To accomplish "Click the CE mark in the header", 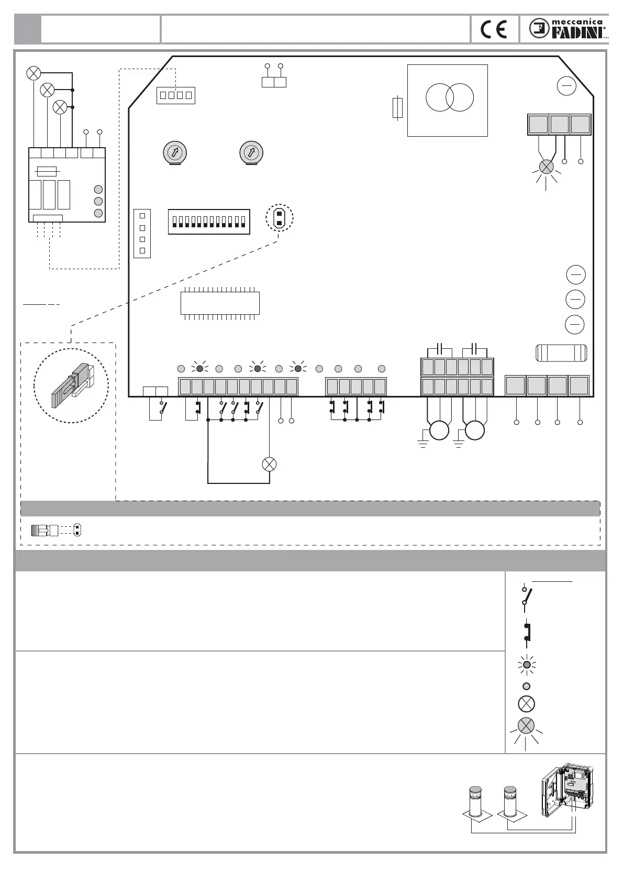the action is click(494, 29).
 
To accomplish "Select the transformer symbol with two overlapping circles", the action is click(450, 97).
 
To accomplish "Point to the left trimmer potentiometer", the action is click(175, 153).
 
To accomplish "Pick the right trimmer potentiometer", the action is click(251, 153).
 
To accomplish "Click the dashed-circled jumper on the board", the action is click(280, 217).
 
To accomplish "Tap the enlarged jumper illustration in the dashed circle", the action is click(71, 385).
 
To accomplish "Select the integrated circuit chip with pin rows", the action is click(220, 303).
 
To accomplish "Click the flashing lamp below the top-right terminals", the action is click(546, 167).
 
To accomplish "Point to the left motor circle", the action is click(439, 431).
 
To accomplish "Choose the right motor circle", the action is click(475, 431).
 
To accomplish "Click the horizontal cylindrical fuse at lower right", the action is click(561, 353).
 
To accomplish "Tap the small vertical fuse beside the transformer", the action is click(397, 107).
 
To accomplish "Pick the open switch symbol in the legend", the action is click(527, 596).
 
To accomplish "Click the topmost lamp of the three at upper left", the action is click(34, 73).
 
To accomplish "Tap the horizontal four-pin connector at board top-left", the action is click(176, 95).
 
